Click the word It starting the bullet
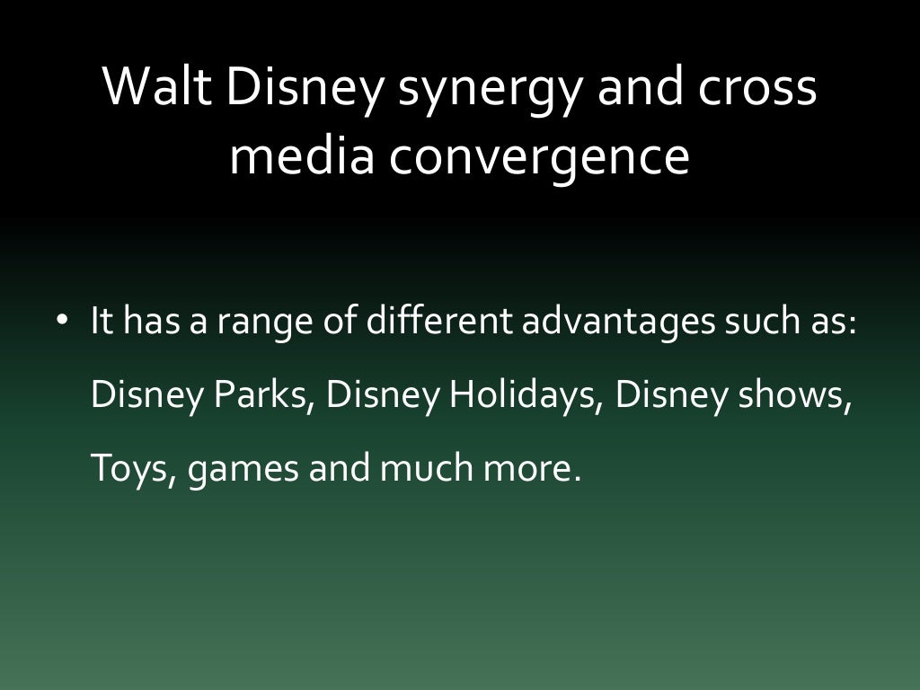(102, 322)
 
